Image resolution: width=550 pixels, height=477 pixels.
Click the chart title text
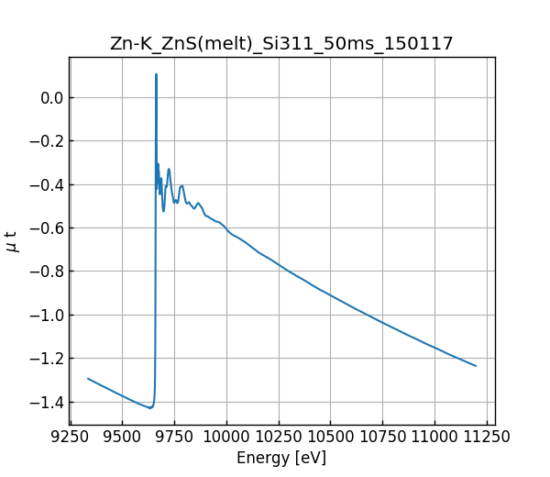click(281, 44)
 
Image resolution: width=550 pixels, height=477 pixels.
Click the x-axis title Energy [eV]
click(281, 458)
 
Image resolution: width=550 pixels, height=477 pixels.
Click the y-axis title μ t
click(12, 241)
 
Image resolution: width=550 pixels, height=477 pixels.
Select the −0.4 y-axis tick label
click(45, 184)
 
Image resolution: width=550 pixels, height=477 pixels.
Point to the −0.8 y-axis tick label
click(45, 272)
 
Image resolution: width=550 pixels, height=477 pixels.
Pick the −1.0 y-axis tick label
click(45, 316)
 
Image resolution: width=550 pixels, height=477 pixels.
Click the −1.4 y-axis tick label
click(45, 402)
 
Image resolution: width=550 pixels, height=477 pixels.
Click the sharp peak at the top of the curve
click(156, 74)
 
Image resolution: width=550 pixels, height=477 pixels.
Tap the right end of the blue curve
click(476, 366)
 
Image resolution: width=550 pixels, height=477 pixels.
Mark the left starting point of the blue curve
click(88, 378)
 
